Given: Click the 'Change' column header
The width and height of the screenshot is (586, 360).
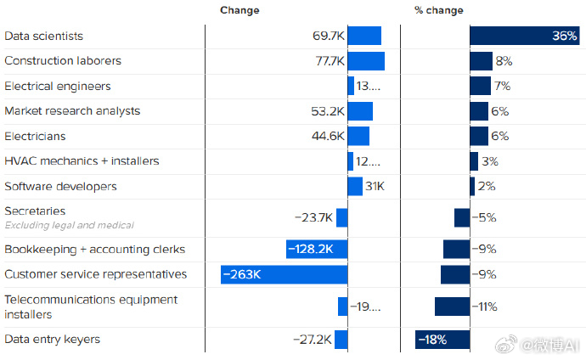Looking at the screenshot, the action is point(239,10).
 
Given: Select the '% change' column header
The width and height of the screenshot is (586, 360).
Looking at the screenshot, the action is point(439,10).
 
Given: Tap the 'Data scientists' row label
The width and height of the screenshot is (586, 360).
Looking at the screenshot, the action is point(43,36).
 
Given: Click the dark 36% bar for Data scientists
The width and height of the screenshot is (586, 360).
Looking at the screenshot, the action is point(525,36).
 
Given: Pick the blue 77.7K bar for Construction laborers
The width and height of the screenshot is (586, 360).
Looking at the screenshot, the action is point(366,61).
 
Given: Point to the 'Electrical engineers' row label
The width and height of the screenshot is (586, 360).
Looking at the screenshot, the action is point(58,87).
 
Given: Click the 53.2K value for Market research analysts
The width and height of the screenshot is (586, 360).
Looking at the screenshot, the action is point(328,111).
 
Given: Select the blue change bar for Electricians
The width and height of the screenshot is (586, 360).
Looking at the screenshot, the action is point(358,136).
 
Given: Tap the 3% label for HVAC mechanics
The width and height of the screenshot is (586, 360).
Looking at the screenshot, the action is point(490,161).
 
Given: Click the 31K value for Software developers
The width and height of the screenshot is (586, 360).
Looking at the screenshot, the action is point(375,186).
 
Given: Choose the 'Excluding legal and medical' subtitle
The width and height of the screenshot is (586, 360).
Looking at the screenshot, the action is point(69,225).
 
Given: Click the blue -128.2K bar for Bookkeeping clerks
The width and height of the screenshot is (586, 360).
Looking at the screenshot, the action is point(317,249).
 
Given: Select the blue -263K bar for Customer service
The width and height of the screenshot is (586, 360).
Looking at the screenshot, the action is point(284,274).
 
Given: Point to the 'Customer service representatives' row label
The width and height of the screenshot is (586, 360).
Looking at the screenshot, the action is point(96,274).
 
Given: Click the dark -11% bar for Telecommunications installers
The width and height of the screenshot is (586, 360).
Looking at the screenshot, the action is point(452,307).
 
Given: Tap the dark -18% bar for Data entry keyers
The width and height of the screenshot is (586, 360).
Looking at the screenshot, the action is point(442,340).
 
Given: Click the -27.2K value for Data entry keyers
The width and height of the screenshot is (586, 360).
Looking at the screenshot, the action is point(313,340).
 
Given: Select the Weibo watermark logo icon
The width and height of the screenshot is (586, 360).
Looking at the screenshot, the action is point(506,344).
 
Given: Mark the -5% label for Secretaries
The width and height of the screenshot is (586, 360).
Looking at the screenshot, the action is point(484,217).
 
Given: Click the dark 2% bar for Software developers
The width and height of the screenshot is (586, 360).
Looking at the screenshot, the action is point(472,186).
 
